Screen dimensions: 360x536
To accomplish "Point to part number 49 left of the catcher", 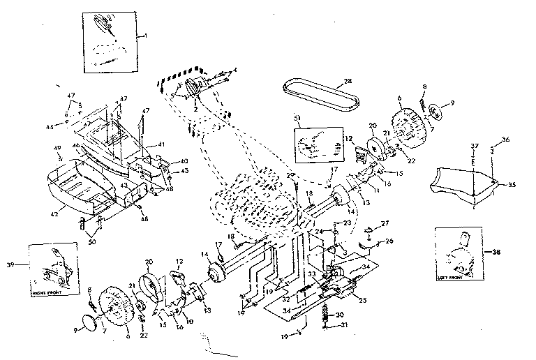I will tap(57, 148).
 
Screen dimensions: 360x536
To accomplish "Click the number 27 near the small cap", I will tap(384, 224).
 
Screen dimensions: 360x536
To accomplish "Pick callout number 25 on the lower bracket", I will tap(361, 300).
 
